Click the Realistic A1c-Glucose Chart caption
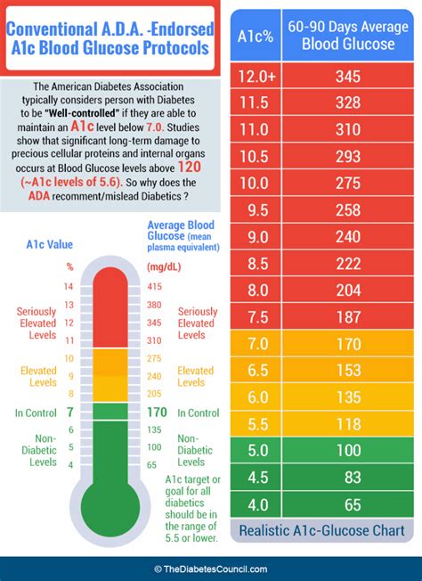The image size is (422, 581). pos(321,532)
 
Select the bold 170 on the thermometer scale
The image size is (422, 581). pos(156,412)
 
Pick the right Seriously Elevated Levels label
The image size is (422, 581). pos(197,323)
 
